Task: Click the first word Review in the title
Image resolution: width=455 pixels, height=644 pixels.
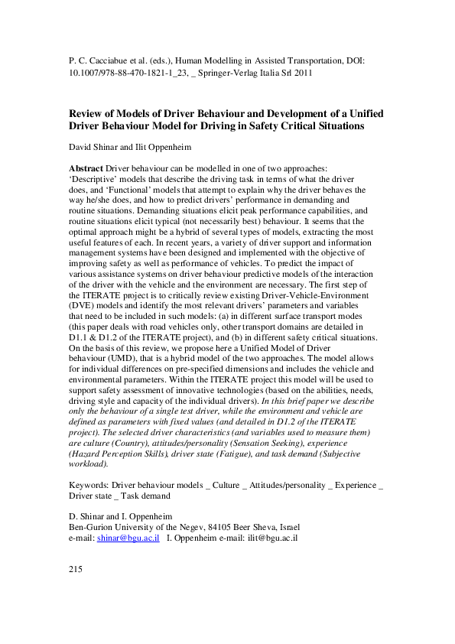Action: [x=87, y=113]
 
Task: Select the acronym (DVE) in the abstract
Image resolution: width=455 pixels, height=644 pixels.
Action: [x=82, y=313]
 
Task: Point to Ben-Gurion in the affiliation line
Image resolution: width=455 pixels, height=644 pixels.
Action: [x=91, y=527]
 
